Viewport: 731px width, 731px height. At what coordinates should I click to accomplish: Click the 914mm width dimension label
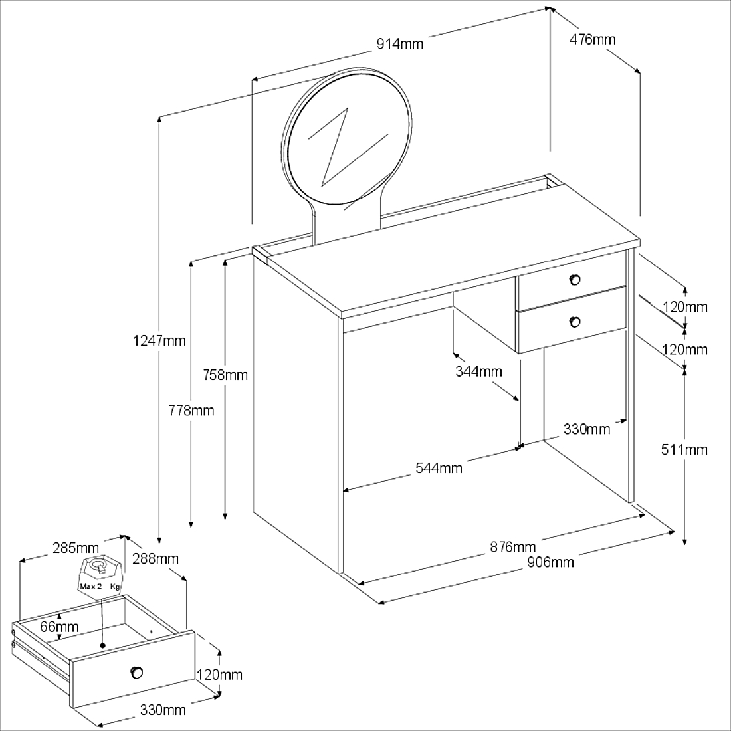pyautogui.click(x=399, y=44)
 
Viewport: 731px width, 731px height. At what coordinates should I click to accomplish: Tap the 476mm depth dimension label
pyautogui.click(x=592, y=39)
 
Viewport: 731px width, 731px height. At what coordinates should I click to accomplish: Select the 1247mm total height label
pyautogui.click(x=159, y=341)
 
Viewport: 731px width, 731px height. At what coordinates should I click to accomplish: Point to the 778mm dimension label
pyautogui.click(x=191, y=410)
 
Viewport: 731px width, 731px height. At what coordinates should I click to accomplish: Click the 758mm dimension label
pyautogui.click(x=225, y=375)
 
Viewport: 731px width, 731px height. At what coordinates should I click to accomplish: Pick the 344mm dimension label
pyautogui.click(x=478, y=371)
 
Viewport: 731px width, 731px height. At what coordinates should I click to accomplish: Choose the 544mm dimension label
pyautogui.click(x=439, y=468)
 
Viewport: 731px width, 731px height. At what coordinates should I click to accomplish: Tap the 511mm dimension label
pyautogui.click(x=684, y=449)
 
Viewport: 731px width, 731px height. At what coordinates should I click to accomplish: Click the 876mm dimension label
pyautogui.click(x=512, y=547)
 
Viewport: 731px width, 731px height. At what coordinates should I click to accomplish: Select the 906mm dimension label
pyautogui.click(x=550, y=562)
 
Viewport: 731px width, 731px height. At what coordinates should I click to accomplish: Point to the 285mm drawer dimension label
pyautogui.click(x=76, y=548)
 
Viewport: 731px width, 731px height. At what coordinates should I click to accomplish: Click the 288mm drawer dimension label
pyautogui.click(x=155, y=558)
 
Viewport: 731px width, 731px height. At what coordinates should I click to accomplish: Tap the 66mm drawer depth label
pyautogui.click(x=59, y=626)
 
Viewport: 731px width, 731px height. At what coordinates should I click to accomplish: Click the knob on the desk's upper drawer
pyautogui.click(x=575, y=278)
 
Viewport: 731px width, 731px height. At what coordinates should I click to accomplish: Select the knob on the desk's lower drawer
pyautogui.click(x=575, y=322)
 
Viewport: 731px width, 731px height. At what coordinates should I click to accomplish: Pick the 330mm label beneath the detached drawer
pyautogui.click(x=163, y=710)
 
